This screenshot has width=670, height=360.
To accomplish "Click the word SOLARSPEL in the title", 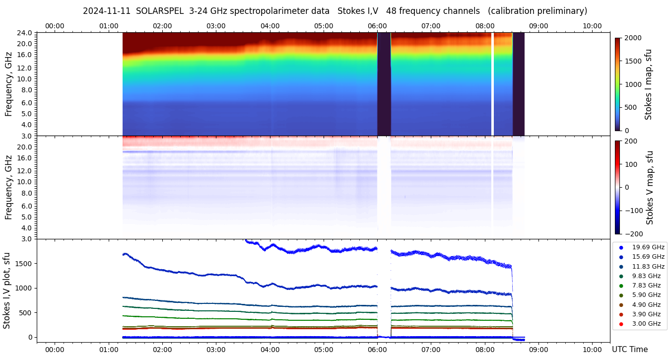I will pos(157,11).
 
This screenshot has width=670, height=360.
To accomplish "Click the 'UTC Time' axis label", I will pos(629,350).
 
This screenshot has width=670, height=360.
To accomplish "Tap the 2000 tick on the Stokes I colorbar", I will pos(633,38).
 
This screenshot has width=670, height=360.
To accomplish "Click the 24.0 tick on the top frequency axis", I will pos(25,33).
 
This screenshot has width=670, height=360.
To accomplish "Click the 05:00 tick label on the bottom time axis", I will pos(324,350).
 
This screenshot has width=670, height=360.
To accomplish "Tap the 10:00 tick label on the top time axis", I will pos(592,26).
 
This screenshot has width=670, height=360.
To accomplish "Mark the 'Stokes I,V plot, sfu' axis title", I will pos(7,290).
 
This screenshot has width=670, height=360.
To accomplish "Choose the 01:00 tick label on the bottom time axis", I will pos(109,350).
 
